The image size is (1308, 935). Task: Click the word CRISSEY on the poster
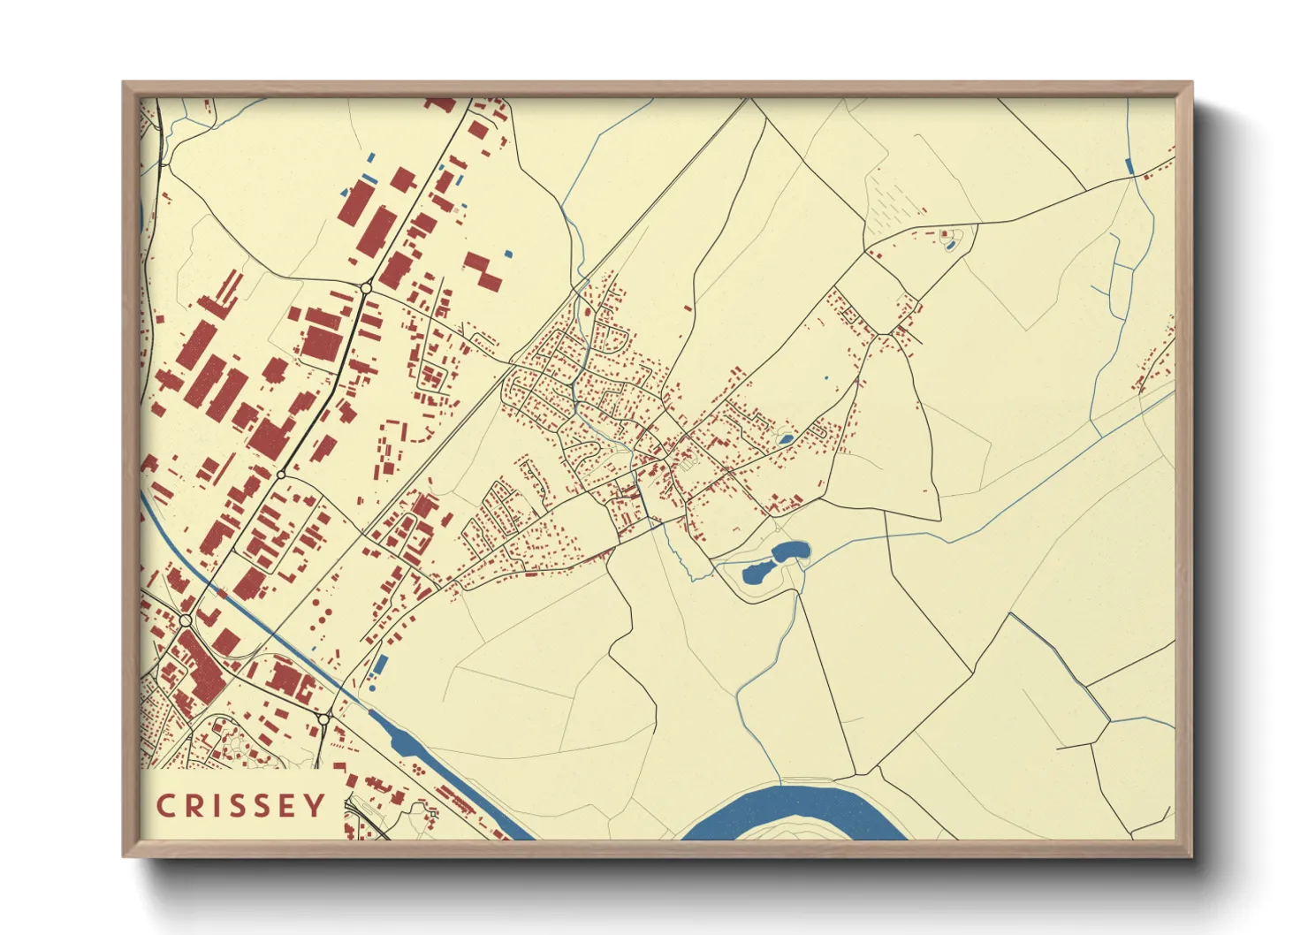click(240, 806)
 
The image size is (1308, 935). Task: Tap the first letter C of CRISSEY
click(164, 806)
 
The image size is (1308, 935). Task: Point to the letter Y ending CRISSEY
click(316, 806)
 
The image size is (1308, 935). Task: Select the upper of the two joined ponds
click(789, 552)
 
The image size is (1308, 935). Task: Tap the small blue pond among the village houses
click(784, 438)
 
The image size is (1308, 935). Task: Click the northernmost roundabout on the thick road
click(366, 288)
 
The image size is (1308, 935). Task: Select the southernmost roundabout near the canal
click(323, 720)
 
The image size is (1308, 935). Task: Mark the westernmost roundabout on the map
click(186, 621)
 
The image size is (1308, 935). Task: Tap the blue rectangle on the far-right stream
click(1129, 165)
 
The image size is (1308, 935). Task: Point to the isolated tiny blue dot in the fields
click(826, 378)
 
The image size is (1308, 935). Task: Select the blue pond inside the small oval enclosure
click(950, 245)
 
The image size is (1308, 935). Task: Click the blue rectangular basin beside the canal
click(381, 666)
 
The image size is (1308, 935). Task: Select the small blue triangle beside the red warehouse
click(344, 192)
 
